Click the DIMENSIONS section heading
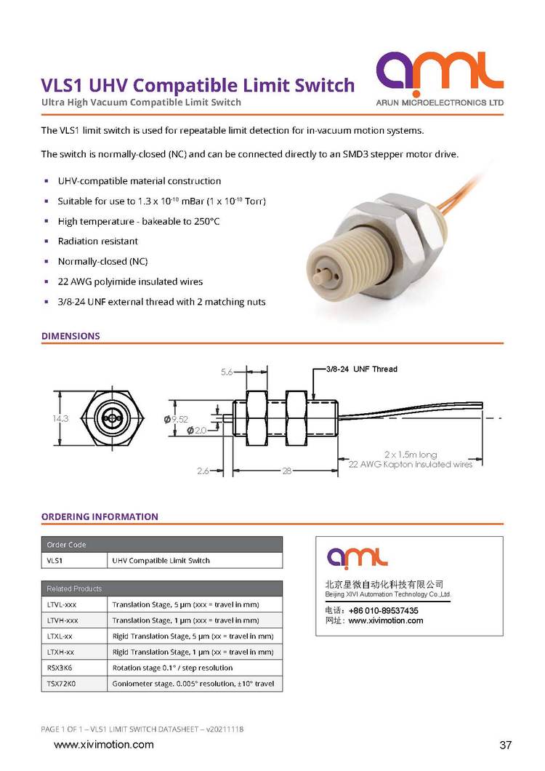pyautogui.click(x=70, y=336)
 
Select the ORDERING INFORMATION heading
pyautogui.click(x=100, y=516)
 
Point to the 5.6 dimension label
pyautogui.click(x=227, y=372)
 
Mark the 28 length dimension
pyautogui.click(x=287, y=471)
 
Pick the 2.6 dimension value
pyautogui.click(x=203, y=471)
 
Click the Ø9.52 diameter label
pyautogui.click(x=198, y=420)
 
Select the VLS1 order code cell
pyautogui.click(x=55, y=561)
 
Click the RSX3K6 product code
pyautogui.click(x=60, y=667)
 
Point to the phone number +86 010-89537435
pyautogui.click(x=383, y=610)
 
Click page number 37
pyautogui.click(x=506, y=745)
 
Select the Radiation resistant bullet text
pyautogui.click(x=97, y=241)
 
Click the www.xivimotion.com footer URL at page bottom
pyautogui.click(x=104, y=744)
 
